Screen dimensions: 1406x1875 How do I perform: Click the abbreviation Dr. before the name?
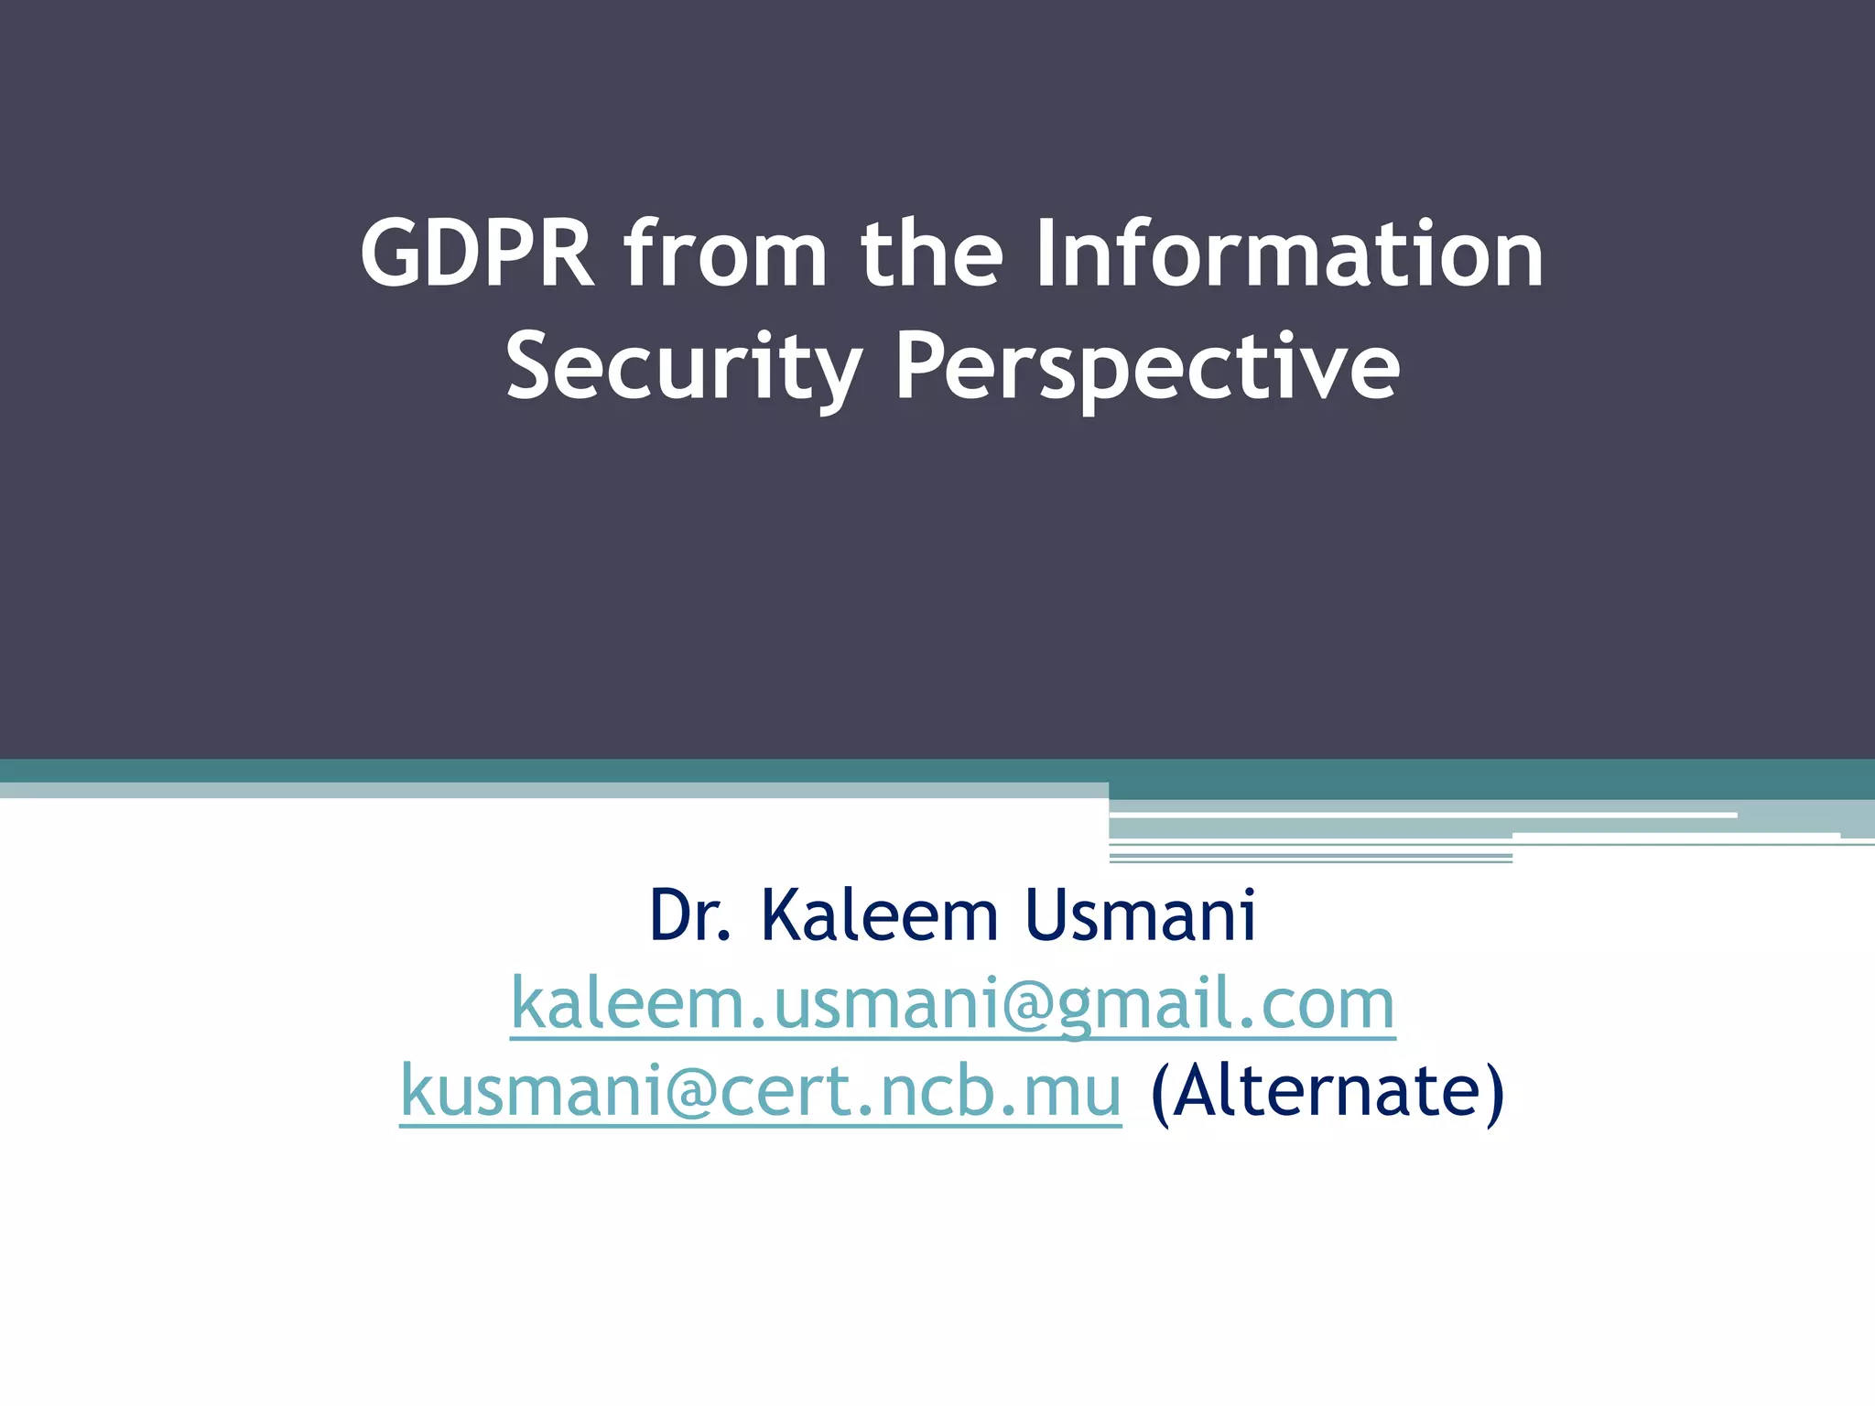click(x=690, y=915)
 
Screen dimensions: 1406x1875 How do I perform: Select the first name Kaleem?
click(x=879, y=915)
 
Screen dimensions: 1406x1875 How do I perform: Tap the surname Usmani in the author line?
click(x=1140, y=915)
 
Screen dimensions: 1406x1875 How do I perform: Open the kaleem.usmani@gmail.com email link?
click(x=952, y=1004)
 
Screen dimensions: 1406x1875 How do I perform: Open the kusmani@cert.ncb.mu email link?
click(x=760, y=1091)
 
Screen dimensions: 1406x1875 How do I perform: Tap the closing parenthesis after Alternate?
click(x=1494, y=1093)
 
